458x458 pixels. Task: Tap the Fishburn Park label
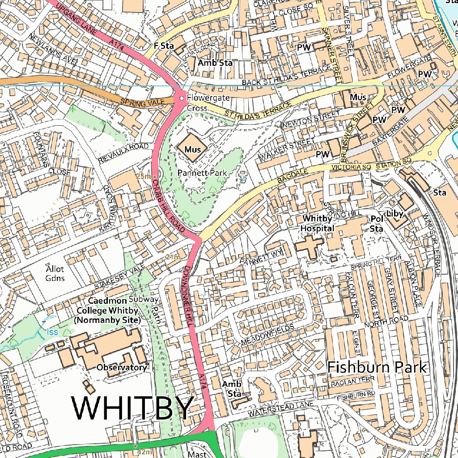(377, 367)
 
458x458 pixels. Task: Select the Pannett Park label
(202, 173)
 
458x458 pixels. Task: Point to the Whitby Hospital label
(318, 223)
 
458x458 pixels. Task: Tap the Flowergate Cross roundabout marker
(182, 98)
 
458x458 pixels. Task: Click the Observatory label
(121, 368)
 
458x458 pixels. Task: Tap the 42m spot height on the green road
(144, 452)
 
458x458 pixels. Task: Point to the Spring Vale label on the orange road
(140, 103)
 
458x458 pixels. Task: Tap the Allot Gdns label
(55, 274)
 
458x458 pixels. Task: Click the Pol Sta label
(377, 224)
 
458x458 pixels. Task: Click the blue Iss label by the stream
(52, 332)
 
